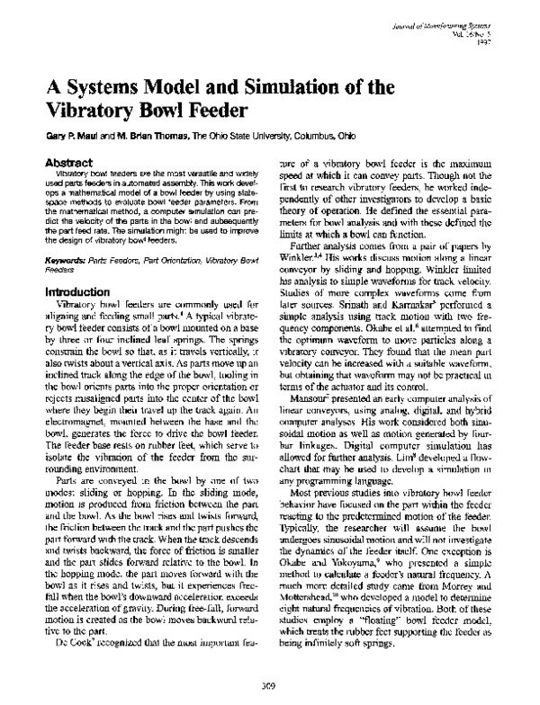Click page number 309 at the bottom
tap(269, 687)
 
